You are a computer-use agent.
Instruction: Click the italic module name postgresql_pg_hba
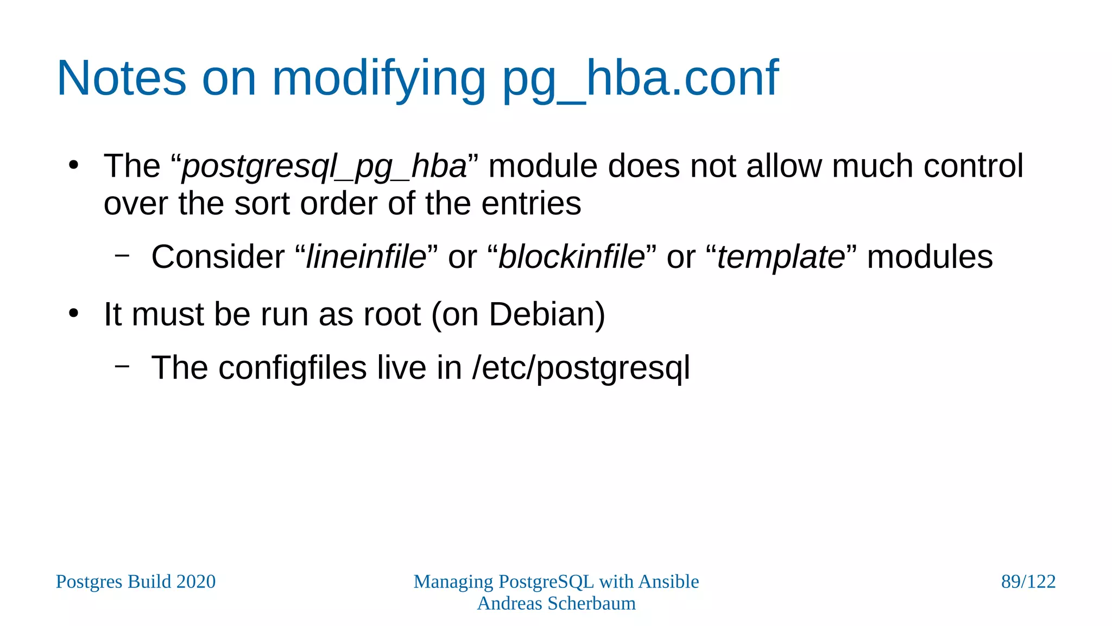click(324, 167)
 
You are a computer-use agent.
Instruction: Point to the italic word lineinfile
click(366, 257)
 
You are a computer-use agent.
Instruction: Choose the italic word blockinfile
click(571, 257)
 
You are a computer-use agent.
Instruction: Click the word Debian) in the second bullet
click(547, 315)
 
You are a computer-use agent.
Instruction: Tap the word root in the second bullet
click(392, 315)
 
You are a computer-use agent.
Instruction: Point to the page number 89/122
click(1028, 582)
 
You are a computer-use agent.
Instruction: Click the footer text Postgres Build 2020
click(136, 582)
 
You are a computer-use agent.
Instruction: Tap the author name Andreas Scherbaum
click(556, 604)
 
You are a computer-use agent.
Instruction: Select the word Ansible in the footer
click(668, 582)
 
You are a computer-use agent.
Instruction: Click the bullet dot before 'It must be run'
click(74, 314)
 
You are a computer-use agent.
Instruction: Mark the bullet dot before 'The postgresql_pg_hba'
click(74, 165)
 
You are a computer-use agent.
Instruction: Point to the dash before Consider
click(122, 255)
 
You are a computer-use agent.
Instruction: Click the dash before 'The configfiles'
click(122, 366)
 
